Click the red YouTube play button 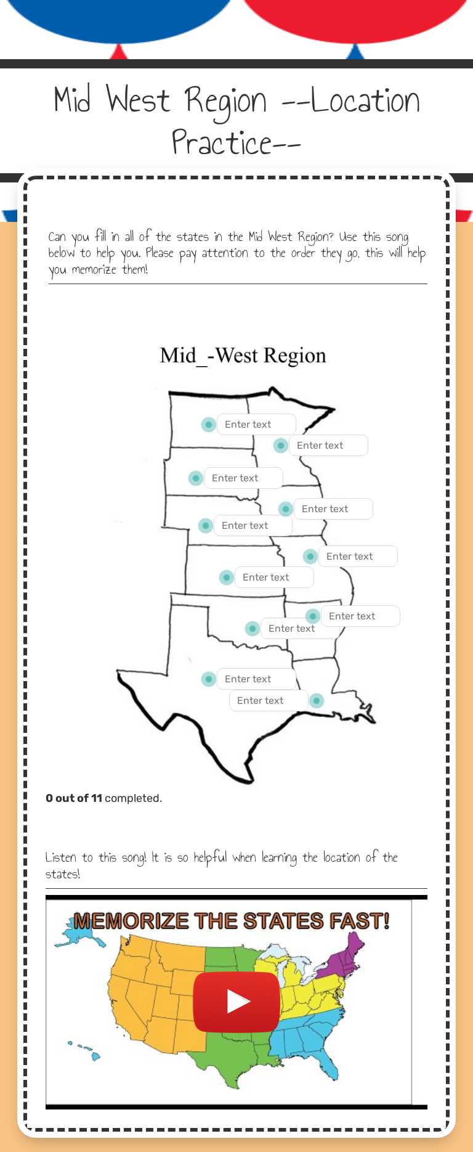[x=236, y=1002]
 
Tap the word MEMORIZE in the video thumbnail [x=131, y=921]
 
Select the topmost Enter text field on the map [x=256, y=424]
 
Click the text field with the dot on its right [x=269, y=701]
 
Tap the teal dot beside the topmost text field [x=209, y=424]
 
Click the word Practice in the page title [x=222, y=143]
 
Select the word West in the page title [x=138, y=100]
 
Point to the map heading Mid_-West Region [x=243, y=356]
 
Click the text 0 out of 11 [x=74, y=798]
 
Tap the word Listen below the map [x=61, y=857]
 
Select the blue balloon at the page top [x=117, y=18]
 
